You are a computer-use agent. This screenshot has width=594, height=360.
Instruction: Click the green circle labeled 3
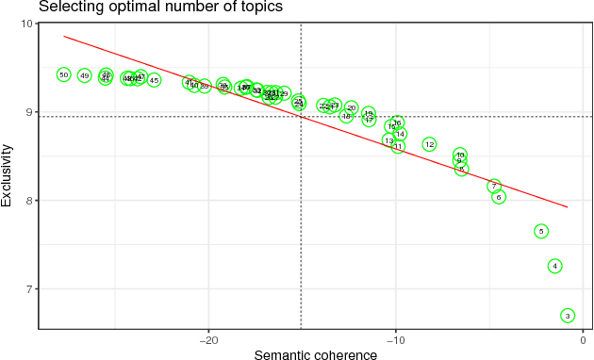click(x=568, y=316)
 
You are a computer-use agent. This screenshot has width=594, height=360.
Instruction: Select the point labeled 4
click(x=555, y=266)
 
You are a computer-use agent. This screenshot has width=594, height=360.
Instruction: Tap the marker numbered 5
click(x=541, y=231)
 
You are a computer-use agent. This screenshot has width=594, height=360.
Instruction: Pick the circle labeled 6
click(x=499, y=197)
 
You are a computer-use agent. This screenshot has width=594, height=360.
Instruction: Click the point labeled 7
click(x=494, y=187)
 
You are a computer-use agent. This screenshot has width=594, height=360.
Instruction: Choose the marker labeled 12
click(x=429, y=145)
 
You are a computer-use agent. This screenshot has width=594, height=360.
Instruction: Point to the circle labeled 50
click(x=64, y=74)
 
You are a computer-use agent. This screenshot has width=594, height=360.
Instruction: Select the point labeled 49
click(x=85, y=75)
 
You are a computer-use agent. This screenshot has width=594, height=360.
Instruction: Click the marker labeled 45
click(x=154, y=80)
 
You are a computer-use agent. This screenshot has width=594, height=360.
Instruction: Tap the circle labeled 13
click(x=388, y=140)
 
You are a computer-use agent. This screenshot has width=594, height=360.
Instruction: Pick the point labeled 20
click(x=352, y=108)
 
